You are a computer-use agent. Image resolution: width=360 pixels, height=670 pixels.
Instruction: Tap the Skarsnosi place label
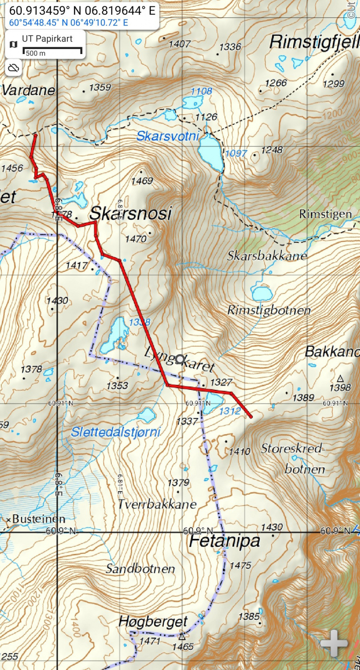pyautogui.click(x=130, y=214)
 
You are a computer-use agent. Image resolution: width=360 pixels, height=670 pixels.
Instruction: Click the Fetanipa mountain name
pyautogui.click(x=224, y=541)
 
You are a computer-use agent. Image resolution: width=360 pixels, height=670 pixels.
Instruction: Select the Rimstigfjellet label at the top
pyautogui.click(x=314, y=42)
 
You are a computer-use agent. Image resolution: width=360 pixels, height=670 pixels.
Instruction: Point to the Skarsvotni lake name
pyautogui.click(x=167, y=136)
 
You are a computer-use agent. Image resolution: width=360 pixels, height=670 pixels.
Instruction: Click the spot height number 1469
pyautogui.click(x=142, y=181)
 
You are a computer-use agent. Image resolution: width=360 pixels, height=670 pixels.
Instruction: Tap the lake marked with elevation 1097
pyautogui.click(x=211, y=152)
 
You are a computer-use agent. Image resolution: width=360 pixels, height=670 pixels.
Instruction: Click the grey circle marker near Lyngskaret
pyautogui.click(x=180, y=359)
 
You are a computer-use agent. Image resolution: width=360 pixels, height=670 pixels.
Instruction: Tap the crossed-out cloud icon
pyautogui.click(x=13, y=68)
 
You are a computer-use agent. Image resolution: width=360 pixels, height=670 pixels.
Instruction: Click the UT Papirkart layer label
pyautogui.click(x=47, y=39)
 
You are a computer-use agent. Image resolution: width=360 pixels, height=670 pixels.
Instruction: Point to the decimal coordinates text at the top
pyautogui.click(x=82, y=10)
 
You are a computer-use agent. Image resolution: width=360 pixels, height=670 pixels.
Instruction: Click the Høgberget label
pyautogui.click(x=153, y=621)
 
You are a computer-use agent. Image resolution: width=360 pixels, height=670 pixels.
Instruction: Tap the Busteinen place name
pyautogui.click(x=39, y=519)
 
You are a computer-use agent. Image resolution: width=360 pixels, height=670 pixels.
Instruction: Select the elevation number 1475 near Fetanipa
pyautogui.click(x=240, y=566)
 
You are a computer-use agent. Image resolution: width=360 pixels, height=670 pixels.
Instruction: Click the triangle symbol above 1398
pyautogui.click(x=340, y=379)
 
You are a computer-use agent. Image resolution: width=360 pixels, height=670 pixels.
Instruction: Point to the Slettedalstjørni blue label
pyautogui.click(x=116, y=432)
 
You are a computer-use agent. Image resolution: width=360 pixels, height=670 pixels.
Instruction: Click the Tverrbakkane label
pyautogui.click(x=157, y=504)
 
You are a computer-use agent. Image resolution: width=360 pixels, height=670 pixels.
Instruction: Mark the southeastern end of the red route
pyautogui.click(x=251, y=417)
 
